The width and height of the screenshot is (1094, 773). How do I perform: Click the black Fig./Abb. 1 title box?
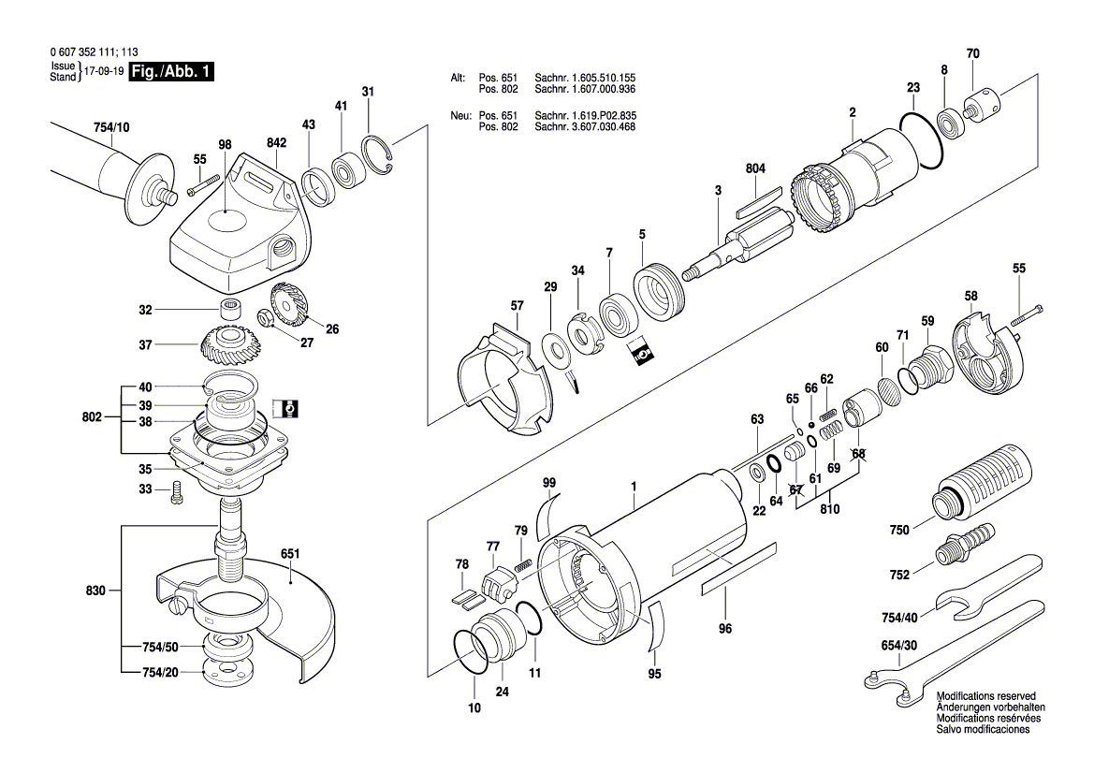171,72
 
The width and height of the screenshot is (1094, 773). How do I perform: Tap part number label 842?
277,142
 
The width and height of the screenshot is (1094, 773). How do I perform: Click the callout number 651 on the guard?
290,553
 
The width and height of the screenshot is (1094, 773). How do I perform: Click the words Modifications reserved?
986,697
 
